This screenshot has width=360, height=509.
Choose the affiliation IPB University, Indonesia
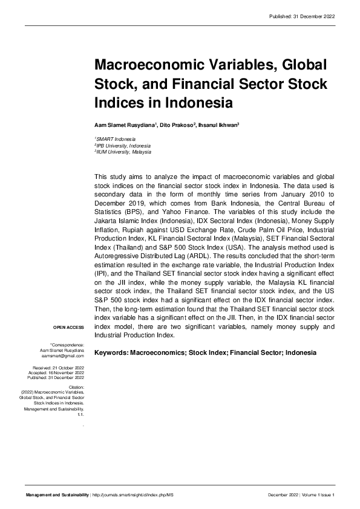click(124, 146)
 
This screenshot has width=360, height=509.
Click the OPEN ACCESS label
click(68, 327)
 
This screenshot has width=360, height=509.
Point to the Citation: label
click(76, 386)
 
